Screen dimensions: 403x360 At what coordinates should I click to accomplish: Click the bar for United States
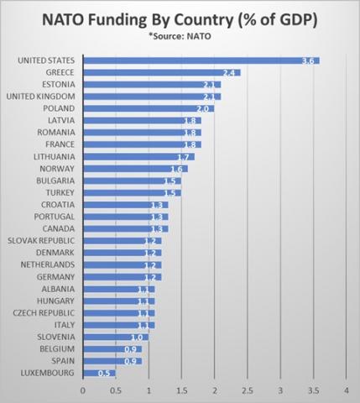point(201,60)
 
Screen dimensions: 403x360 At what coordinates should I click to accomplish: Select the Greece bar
point(162,73)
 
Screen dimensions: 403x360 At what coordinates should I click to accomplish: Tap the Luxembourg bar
point(99,372)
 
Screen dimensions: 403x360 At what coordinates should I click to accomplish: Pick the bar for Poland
point(149,108)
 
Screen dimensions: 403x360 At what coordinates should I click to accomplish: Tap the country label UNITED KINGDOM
point(44,97)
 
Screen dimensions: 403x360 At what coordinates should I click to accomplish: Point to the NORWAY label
point(57,169)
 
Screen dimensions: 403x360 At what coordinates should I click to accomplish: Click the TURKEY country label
point(59,192)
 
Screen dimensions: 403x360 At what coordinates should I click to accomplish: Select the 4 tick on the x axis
point(346,390)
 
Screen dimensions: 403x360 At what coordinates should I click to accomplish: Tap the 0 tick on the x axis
point(83,390)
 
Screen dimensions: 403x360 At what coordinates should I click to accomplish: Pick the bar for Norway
point(135,169)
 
